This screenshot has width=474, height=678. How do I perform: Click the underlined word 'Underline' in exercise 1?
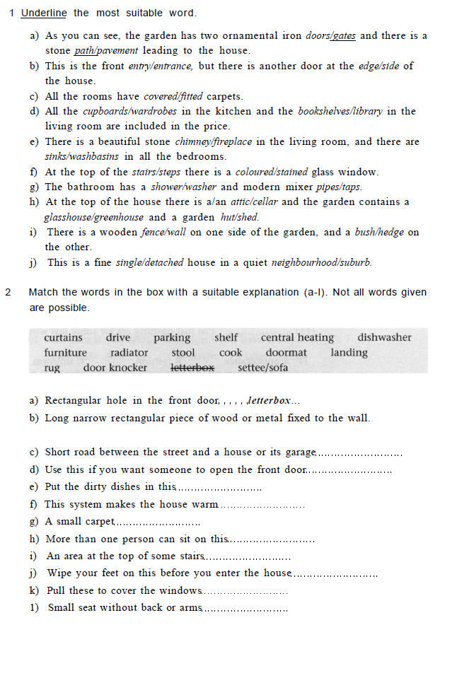tap(44, 13)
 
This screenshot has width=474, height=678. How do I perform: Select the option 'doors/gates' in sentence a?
tap(330, 35)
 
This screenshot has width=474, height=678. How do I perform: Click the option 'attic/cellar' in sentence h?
tap(256, 201)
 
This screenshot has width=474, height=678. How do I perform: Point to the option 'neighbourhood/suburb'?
tap(322, 262)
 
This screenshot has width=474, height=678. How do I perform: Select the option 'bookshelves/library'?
tap(340, 111)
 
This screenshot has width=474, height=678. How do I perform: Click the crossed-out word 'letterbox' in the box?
tap(193, 367)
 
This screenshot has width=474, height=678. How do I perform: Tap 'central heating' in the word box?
tap(297, 337)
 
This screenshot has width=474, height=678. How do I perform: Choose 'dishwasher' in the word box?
tap(384, 337)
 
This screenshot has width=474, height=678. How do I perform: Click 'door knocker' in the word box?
tap(115, 367)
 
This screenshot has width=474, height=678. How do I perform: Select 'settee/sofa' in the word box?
tap(263, 367)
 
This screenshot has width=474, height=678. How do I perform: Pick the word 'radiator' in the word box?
tap(129, 352)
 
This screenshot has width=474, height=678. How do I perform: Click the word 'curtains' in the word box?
tap(63, 337)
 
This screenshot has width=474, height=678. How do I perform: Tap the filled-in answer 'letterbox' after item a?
tap(268, 401)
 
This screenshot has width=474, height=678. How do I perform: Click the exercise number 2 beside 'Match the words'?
tap(7, 292)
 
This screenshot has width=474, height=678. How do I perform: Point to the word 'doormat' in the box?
tap(287, 352)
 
